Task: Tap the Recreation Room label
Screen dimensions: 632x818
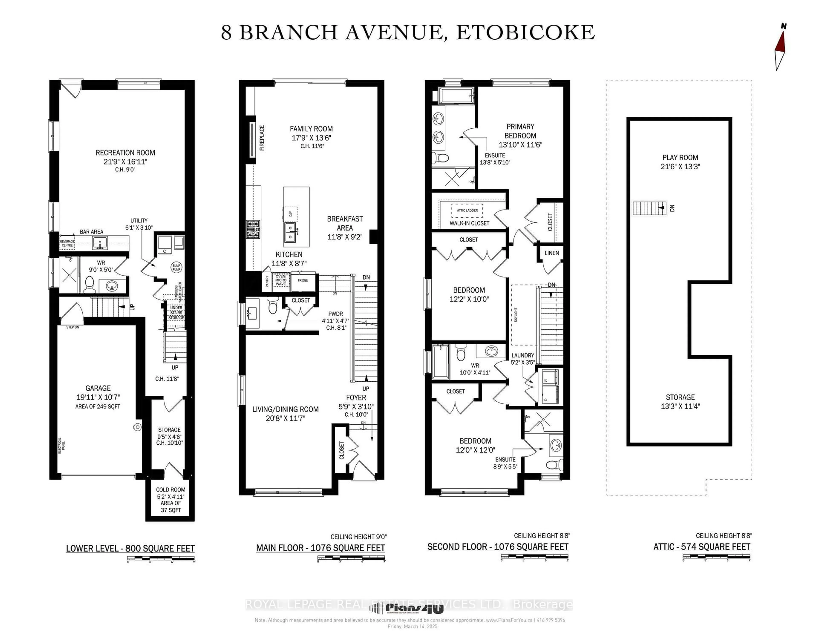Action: coord(125,153)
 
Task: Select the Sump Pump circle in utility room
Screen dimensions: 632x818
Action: coord(176,267)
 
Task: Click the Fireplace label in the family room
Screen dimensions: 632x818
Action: coord(262,138)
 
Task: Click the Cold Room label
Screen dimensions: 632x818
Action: coord(170,490)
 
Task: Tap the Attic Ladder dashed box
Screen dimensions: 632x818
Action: coord(467,210)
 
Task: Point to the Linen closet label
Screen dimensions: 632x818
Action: coord(551,253)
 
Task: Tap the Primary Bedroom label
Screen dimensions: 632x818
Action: coord(520,131)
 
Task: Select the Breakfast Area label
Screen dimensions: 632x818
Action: coord(345,223)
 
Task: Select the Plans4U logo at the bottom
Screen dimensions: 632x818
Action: coord(408,608)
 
